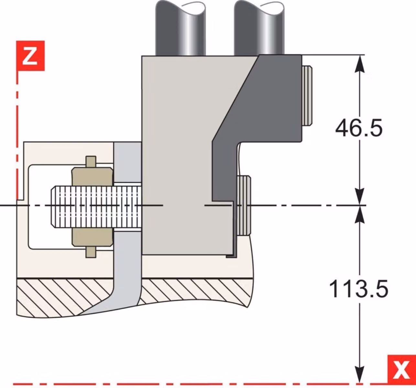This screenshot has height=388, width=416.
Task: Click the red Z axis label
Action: (x=31, y=56)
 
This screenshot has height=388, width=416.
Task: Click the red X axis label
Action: (x=401, y=370)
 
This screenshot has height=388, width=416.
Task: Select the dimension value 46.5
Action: (x=359, y=128)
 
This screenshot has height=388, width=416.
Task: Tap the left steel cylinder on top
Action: (x=181, y=28)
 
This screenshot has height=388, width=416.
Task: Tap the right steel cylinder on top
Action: (x=259, y=28)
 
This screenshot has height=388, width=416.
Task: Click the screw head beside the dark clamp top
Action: (x=307, y=96)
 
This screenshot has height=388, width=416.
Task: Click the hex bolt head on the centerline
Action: (x=244, y=205)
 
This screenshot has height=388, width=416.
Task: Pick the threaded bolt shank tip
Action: (x=54, y=207)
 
